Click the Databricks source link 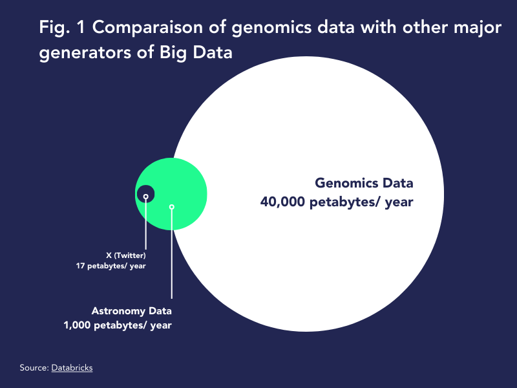[72, 368]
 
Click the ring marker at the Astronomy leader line [172, 207]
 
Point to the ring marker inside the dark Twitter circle [146, 197]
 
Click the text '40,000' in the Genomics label [282, 202]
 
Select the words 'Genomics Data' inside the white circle [364, 183]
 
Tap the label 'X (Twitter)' [126, 255]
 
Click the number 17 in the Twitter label [80, 266]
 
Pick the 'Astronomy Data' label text [132, 311]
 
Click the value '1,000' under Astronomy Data [77, 325]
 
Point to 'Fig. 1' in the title [62, 27]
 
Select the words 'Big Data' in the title [196, 53]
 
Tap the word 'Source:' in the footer [34, 367]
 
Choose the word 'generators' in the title [85, 53]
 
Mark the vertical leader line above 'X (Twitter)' [146, 224]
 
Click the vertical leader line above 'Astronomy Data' [172, 254]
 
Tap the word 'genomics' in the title [271, 28]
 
